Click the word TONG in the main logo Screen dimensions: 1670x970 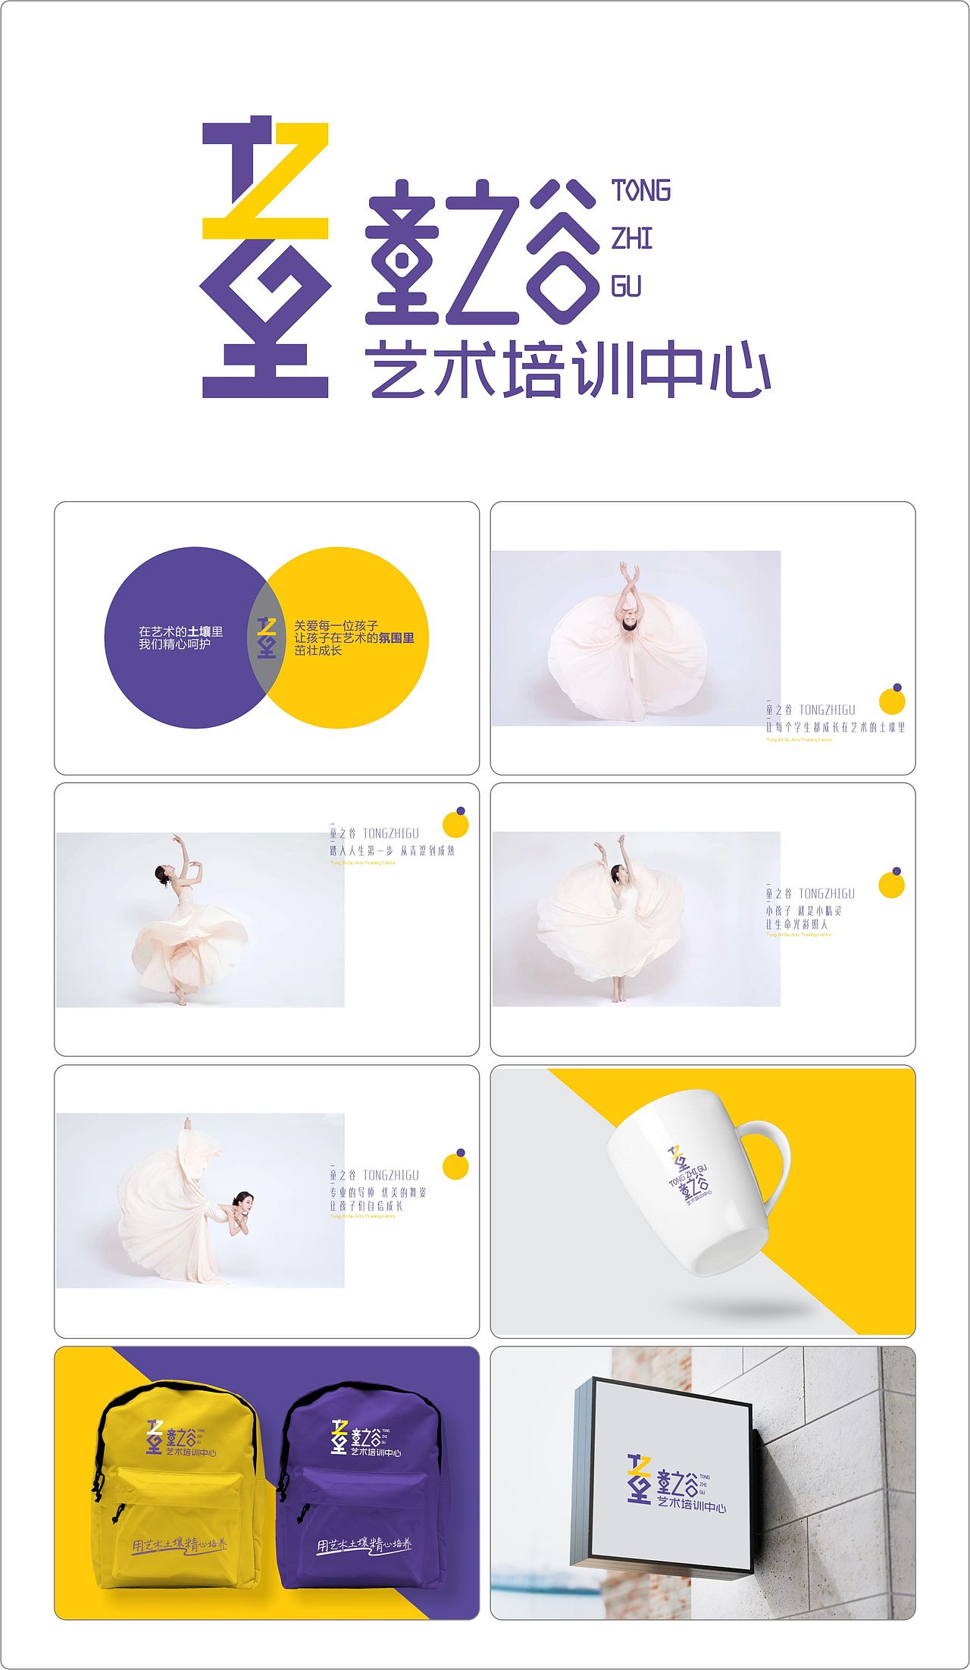click(x=641, y=191)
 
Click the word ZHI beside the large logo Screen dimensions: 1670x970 click(x=631, y=239)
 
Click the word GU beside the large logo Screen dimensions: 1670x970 click(x=626, y=287)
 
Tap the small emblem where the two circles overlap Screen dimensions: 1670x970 click(x=266, y=638)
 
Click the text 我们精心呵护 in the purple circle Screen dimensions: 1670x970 click(x=174, y=644)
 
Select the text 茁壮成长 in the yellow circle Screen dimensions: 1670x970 click(x=318, y=650)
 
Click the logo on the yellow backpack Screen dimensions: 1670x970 click(x=181, y=1437)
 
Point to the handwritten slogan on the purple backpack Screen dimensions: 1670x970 click(x=365, y=1544)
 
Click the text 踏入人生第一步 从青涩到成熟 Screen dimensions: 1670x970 click(x=392, y=851)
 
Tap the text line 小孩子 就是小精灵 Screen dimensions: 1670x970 click(x=803, y=911)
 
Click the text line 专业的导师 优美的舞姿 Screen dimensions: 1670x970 click(x=377, y=1192)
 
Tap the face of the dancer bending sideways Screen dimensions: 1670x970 click(x=242, y=1200)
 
